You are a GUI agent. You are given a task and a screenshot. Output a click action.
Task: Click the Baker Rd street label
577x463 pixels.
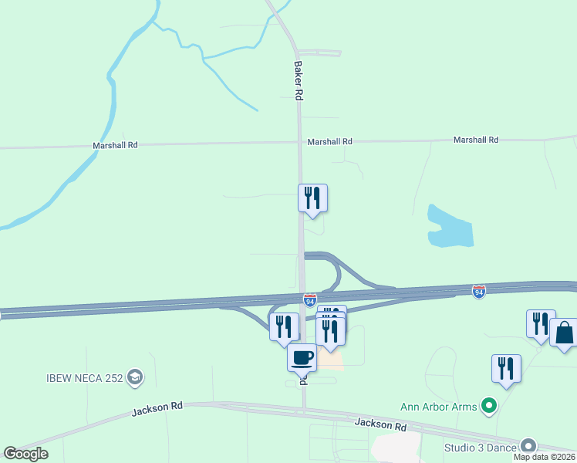[297, 80]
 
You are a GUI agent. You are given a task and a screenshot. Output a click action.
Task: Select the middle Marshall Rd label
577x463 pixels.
[329, 142]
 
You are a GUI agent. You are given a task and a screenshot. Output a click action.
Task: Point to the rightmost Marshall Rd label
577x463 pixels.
[475, 140]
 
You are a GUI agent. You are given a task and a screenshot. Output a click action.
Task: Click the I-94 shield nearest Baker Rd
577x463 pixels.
[309, 299]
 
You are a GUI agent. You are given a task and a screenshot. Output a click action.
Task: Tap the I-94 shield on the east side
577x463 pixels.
[478, 291]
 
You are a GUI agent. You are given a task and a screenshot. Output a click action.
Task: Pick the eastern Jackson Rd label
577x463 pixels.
[380, 424]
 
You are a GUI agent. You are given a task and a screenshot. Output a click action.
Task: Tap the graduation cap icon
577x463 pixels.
[135, 377]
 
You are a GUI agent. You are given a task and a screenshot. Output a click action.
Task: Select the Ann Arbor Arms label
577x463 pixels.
[438, 406]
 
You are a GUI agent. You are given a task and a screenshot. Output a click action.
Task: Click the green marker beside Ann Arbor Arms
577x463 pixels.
[488, 405]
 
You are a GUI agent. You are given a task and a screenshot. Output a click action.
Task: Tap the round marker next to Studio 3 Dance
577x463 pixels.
[528, 446]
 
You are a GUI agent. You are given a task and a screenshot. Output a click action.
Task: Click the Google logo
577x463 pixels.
[25, 454]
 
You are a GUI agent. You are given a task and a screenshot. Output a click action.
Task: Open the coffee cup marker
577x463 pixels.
[302, 357]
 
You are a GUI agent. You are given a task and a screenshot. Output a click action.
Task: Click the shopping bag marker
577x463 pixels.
[564, 333]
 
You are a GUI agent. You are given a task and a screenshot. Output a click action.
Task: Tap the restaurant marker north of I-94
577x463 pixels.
[312, 198]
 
